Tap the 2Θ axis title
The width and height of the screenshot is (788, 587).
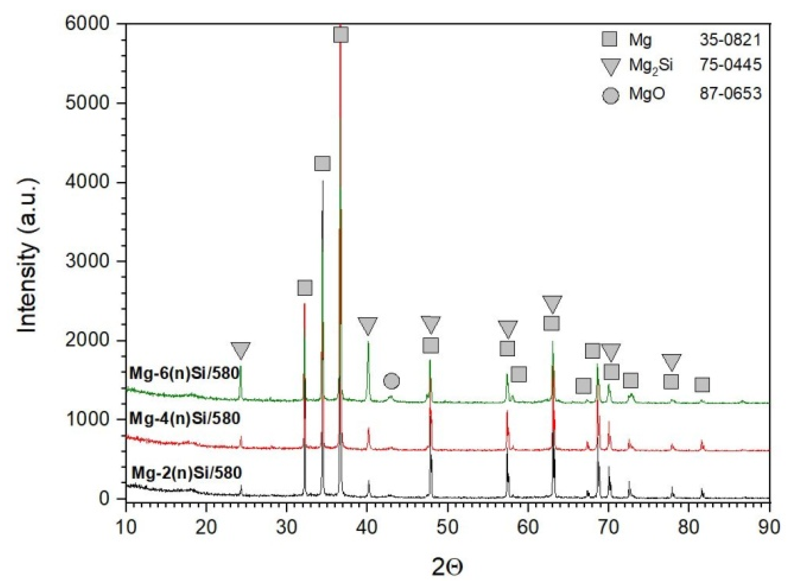(447, 568)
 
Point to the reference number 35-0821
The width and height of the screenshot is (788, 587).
(730, 40)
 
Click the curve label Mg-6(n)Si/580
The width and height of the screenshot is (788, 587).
(184, 373)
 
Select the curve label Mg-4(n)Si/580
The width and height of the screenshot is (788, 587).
(184, 419)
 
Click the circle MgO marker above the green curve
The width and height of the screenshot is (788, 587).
(391, 381)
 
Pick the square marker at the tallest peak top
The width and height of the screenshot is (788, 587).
(341, 35)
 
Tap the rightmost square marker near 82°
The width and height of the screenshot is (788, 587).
(702, 385)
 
